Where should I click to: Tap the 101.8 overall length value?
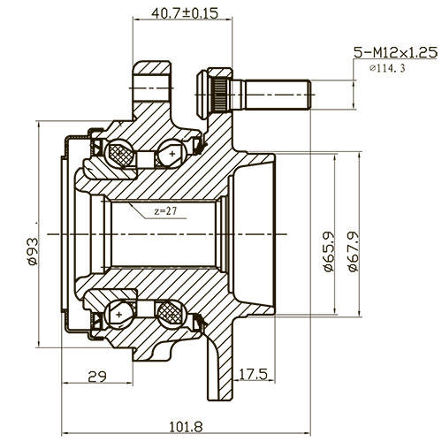click(182, 427)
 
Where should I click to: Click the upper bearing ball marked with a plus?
click(167, 156)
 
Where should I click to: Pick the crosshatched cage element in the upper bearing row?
click(120, 156)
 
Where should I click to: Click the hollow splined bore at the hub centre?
click(159, 233)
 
